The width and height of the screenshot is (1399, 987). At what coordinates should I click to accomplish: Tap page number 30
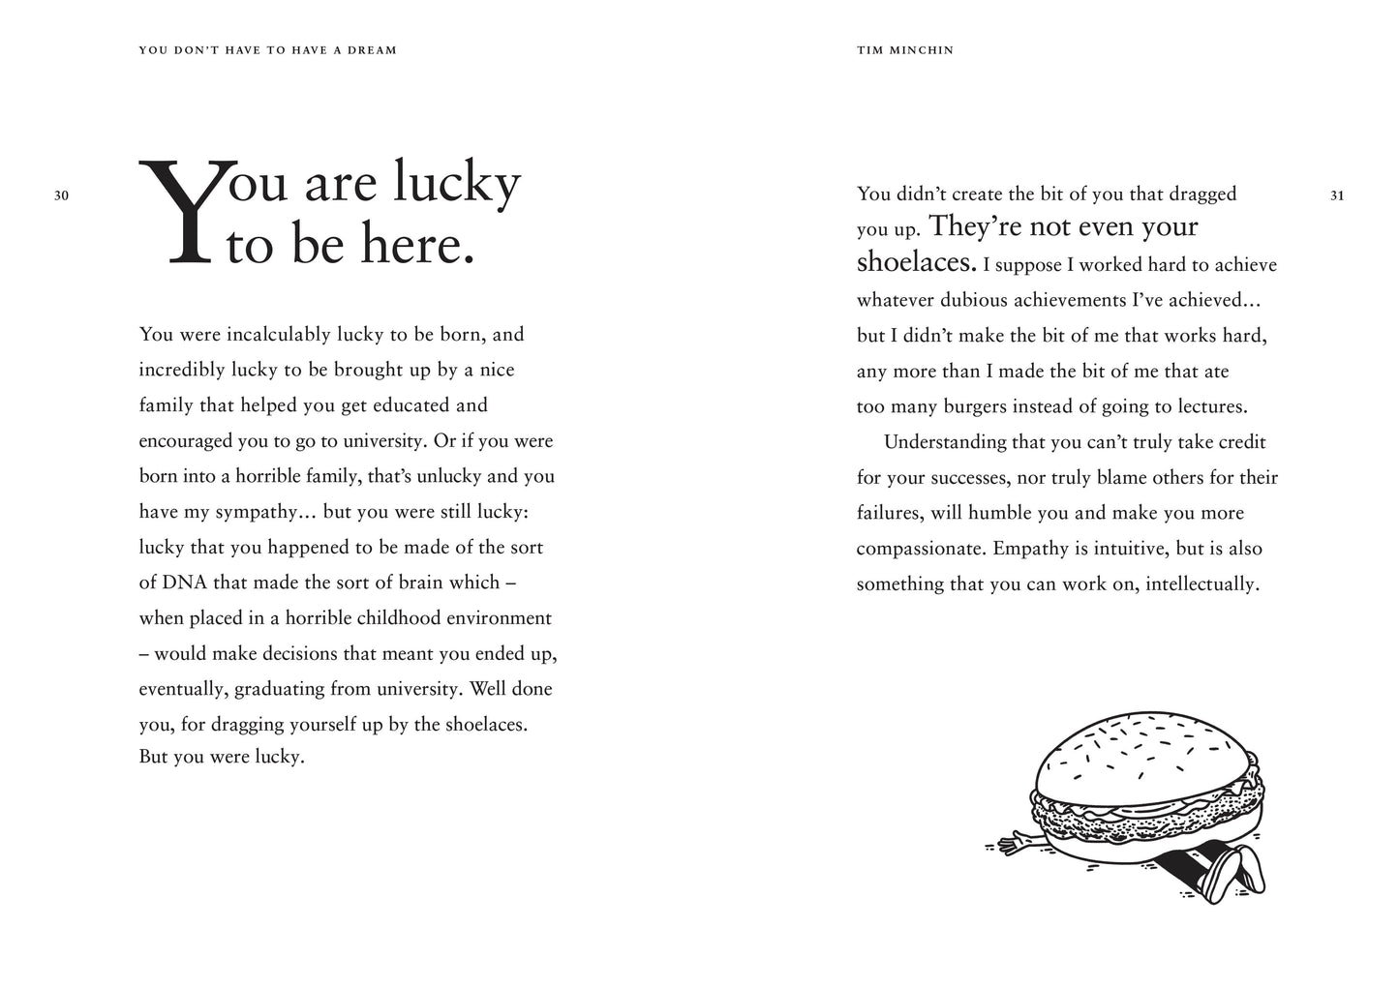pos(62,195)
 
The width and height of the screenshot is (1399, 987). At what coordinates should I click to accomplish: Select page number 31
pos(1337,195)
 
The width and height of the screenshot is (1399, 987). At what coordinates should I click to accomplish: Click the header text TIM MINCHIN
pos(905,50)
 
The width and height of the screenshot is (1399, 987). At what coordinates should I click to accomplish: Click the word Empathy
pos(1027,549)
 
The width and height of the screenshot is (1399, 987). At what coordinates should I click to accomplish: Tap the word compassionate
pos(920,549)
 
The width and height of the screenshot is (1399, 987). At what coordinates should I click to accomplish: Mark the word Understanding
pos(946,442)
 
